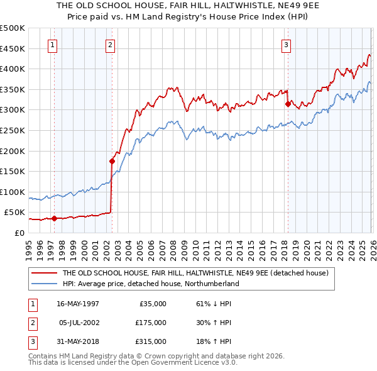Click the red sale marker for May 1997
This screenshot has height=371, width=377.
[x=54, y=218]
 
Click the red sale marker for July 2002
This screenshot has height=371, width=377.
[x=112, y=161]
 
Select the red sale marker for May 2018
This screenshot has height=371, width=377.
[x=288, y=104]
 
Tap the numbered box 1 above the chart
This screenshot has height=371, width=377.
[x=52, y=45]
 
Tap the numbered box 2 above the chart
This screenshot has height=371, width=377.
[x=110, y=45]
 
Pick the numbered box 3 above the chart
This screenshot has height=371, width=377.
[x=286, y=45]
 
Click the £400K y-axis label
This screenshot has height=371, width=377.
[x=13, y=69]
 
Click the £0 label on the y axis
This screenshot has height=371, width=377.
[x=18, y=233]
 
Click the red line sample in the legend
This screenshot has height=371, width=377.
[x=45, y=274]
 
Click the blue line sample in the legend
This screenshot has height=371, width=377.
[x=45, y=284]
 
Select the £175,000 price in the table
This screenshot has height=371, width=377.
[x=151, y=323]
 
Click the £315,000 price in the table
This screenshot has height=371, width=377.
[x=151, y=341]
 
